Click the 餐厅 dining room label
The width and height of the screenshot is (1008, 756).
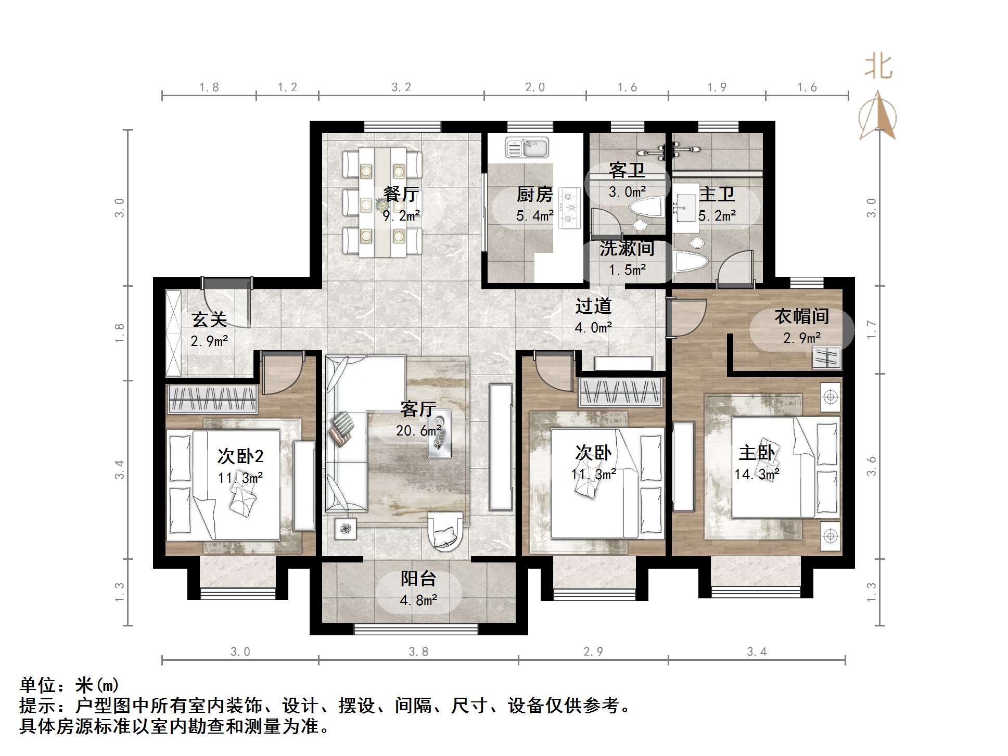tap(401, 194)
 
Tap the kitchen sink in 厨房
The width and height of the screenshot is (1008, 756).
tap(527, 147)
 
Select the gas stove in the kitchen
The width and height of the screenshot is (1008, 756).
tap(569, 208)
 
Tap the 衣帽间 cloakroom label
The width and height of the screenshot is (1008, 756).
tap(801, 316)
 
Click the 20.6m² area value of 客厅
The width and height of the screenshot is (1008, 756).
tap(418, 430)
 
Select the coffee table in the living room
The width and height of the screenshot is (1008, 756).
tap(439, 433)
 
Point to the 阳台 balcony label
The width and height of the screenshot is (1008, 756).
tap(418, 579)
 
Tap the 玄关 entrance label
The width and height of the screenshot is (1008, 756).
tap(209, 319)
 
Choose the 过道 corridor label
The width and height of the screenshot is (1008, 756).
tap(593, 306)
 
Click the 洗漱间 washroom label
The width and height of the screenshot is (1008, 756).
tap(627, 248)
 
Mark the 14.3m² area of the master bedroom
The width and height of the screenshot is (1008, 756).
tap(757, 474)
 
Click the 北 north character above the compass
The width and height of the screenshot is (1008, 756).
tap(879, 67)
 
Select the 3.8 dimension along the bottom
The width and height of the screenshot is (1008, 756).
tap(418, 652)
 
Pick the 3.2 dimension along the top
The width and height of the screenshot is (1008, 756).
tap(401, 87)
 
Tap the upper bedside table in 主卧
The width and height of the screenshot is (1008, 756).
tap(831, 398)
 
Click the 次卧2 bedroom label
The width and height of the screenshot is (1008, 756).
tap(240, 456)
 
